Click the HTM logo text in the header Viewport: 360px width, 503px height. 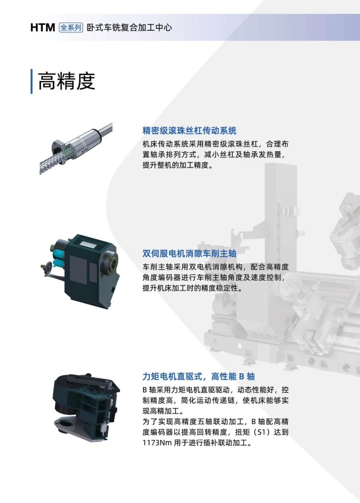point(43,27)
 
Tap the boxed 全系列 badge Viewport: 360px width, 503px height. point(71,27)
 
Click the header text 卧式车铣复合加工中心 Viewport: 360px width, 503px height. point(129,27)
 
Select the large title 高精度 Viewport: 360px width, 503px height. point(66,81)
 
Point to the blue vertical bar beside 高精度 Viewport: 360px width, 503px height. point(31,81)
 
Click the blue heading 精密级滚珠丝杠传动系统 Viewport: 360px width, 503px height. point(190,131)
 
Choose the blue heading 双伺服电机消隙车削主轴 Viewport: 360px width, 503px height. point(190,254)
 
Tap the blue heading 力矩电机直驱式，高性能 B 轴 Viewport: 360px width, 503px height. point(199,376)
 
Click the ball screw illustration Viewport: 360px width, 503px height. point(76,148)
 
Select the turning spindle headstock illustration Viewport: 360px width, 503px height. point(80,272)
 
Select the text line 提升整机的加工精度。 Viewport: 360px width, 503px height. point(178,166)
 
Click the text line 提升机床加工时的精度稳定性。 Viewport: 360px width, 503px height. point(192,288)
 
